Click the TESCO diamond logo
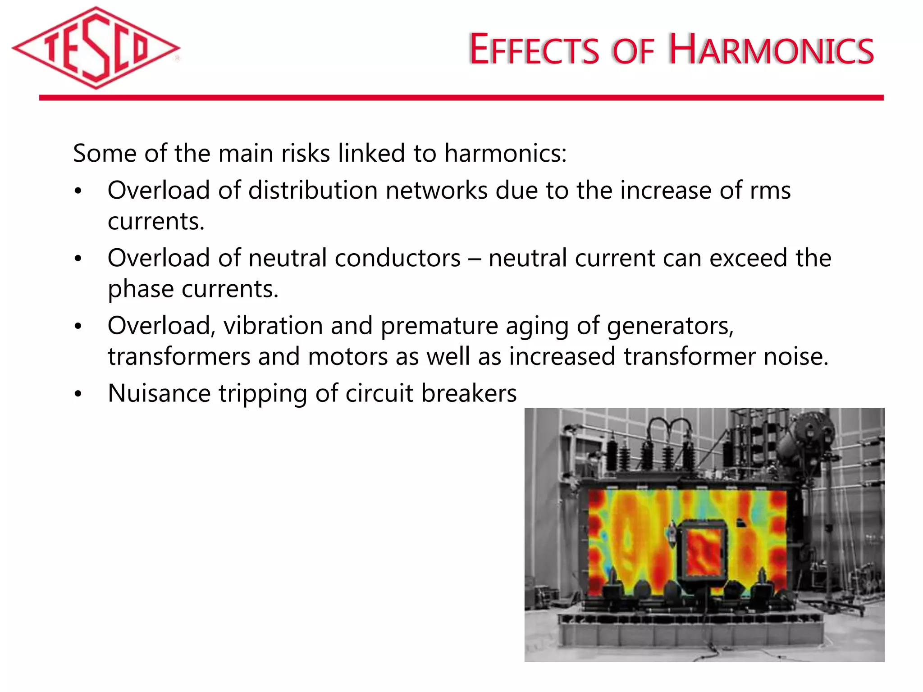click(x=96, y=48)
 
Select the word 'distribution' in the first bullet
click(x=313, y=190)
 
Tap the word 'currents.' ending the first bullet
click(x=156, y=221)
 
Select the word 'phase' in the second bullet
click(x=141, y=289)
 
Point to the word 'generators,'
click(x=670, y=326)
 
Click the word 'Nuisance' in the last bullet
click(x=159, y=393)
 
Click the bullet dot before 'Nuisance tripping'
click(x=78, y=394)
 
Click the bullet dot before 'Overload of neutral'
click(x=78, y=259)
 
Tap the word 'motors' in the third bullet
click(x=348, y=356)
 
